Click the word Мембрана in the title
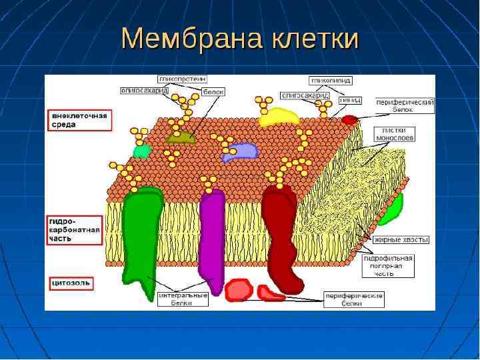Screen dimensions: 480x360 click(x=193, y=40)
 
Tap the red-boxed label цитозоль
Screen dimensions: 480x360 click(x=71, y=283)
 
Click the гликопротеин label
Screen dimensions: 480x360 click(x=181, y=79)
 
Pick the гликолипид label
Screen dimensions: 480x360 click(x=330, y=80)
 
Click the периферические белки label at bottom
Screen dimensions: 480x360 click(x=353, y=298)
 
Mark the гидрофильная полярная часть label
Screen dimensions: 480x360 click(x=393, y=265)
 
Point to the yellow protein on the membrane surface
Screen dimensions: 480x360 click(x=279, y=116)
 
